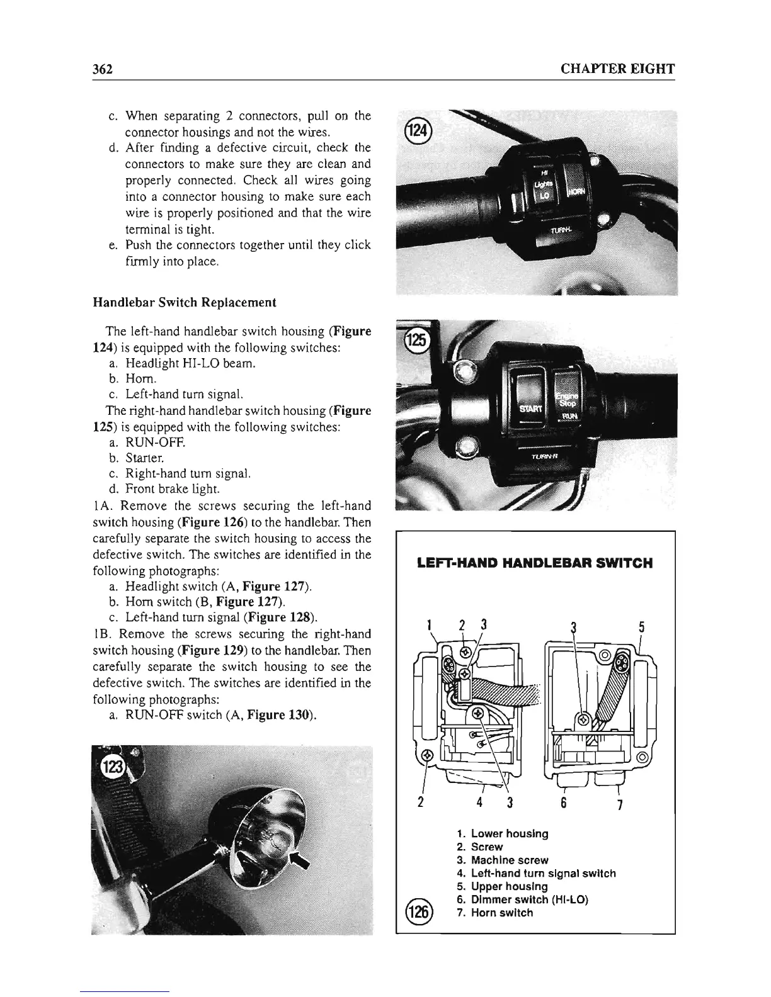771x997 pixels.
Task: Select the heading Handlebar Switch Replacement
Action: click(185, 302)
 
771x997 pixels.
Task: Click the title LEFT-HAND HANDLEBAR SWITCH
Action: click(535, 563)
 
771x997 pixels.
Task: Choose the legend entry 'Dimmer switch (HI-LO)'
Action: click(529, 899)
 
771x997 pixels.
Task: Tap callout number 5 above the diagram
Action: click(641, 628)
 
